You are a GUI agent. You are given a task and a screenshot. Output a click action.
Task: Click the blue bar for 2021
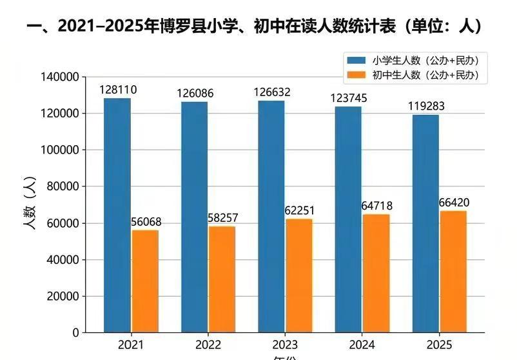[117, 215]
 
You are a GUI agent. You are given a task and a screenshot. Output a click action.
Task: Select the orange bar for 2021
[145, 281]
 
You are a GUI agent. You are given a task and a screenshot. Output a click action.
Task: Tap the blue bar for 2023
[271, 217]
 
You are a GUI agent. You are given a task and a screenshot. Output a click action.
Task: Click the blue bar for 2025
[425, 224]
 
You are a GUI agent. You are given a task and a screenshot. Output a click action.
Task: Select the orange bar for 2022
[222, 279]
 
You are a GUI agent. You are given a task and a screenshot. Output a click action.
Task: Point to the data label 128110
[118, 90]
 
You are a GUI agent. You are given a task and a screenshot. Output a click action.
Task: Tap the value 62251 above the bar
[298, 210]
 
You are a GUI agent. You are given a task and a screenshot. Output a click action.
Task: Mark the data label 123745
[349, 98]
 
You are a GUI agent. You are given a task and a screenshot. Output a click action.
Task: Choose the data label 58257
[222, 218]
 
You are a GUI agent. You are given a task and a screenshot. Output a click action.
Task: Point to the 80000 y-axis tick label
[63, 186]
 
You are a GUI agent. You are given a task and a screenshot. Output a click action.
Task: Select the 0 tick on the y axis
[75, 333]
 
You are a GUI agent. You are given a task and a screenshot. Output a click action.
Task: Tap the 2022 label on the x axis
[208, 345]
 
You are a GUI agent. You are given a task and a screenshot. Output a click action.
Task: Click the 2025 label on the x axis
[439, 345]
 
